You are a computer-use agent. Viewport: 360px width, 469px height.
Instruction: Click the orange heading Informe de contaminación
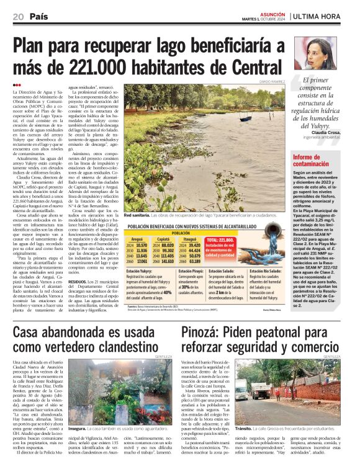pyautogui.click(x=311, y=161)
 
